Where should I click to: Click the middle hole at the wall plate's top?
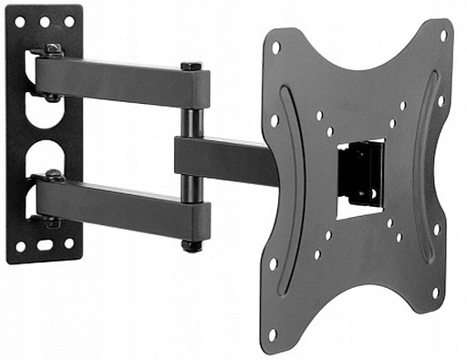coord(45,21)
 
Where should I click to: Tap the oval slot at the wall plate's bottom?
coord(45,245)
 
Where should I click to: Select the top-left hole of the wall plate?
coord(22,21)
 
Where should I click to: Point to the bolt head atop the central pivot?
coord(191,67)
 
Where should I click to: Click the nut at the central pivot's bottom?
coord(191,245)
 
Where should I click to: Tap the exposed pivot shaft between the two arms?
coord(191,122)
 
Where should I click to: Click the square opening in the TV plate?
coord(359,179)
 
